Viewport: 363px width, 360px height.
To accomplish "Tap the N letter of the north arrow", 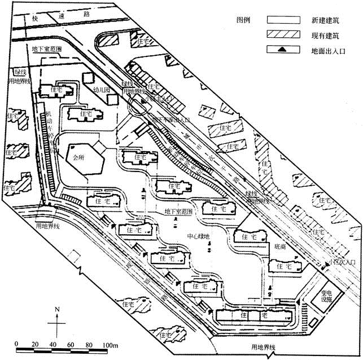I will (57, 309).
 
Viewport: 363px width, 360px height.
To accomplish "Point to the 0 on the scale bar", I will (17, 344).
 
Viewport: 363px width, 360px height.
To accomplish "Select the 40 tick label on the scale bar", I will (53, 344).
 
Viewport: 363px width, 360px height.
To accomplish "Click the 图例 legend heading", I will (244, 20).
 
